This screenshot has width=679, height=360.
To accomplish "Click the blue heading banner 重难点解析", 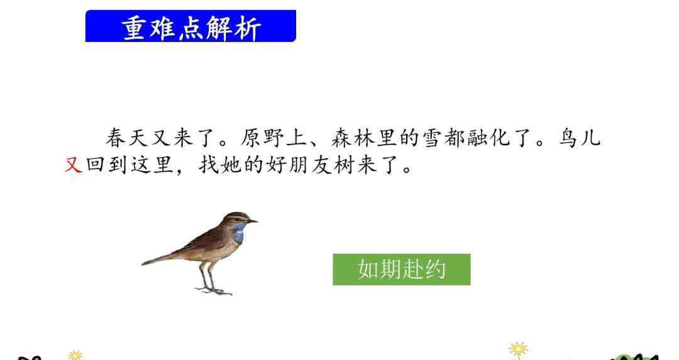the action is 190,26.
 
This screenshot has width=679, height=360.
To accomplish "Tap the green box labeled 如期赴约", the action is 401,269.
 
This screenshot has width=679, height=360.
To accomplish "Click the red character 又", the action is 73,165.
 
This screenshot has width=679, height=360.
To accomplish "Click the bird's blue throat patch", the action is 238,231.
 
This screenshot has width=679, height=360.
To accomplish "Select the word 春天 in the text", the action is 127,138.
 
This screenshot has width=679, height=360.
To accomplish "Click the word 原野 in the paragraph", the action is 262,138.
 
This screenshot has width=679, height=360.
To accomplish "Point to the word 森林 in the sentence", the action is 353,138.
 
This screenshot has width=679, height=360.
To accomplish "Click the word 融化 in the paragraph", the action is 489,138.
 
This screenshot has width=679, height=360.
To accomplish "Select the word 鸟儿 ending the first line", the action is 580,138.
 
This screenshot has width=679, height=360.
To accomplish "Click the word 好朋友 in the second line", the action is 298,165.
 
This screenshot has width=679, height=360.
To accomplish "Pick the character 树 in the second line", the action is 344,165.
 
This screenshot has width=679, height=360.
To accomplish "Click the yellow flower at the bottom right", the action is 518,349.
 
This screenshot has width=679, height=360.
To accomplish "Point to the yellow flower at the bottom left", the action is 75,355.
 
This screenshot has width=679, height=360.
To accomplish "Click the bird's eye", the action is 244,217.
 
